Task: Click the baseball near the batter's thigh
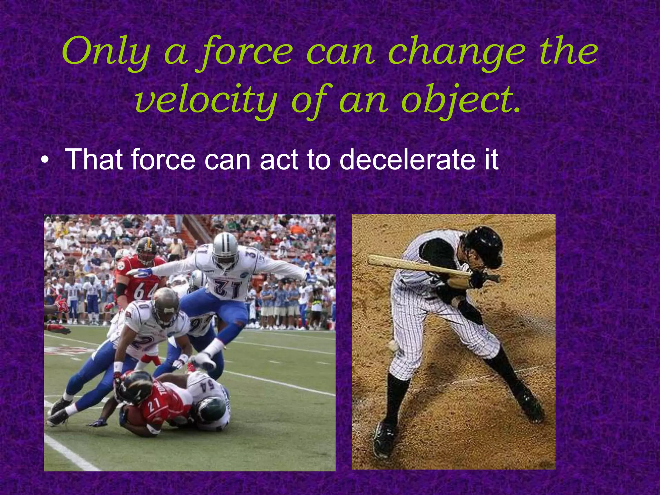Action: (x=393, y=346)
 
